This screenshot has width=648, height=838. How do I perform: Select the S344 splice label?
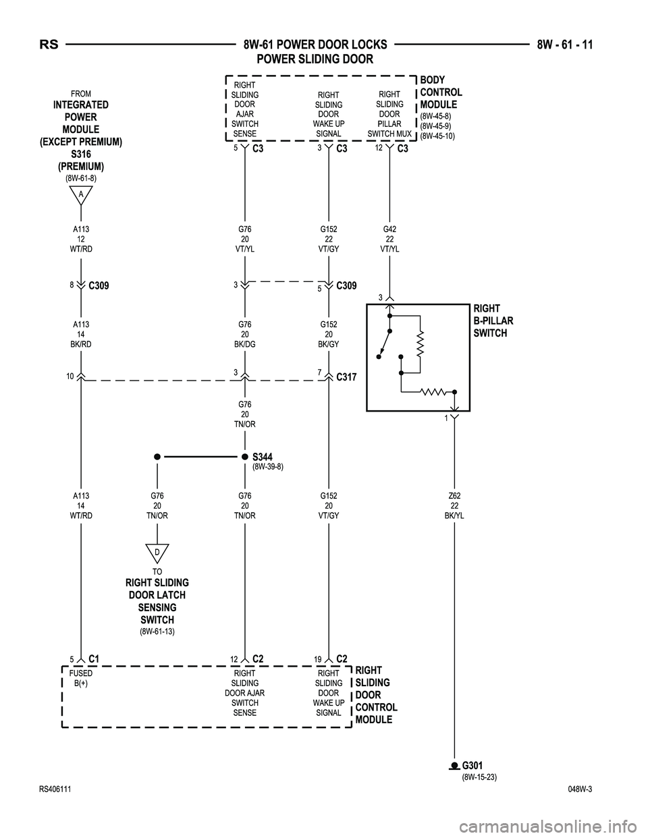pyautogui.click(x=264, y=457)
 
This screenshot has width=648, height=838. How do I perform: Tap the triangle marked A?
pyautogui.click(x=80, y=196)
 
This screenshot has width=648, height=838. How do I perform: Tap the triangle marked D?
pyautogui.click(x=157, y=553)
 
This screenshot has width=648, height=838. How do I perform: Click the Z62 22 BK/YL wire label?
pyautogui.click(x=454, y=505)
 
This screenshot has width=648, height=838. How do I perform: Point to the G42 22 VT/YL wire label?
pyautogui.click(x=389, y=238)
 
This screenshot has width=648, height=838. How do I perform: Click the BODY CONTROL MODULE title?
pyautogui.click(x=441, y=92)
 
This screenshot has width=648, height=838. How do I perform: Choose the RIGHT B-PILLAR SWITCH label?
pyautogui.click(x=493, y=321)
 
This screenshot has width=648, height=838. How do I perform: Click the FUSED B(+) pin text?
pyautogui.click(x=81, y=678)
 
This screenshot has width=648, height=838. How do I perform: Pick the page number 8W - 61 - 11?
pyautogui.click(x=565, y=45)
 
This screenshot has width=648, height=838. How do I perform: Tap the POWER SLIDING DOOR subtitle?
pyautogui.click(x=315, y=59)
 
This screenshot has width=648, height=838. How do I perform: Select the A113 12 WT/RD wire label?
pyautogui.click(x=80, y=239)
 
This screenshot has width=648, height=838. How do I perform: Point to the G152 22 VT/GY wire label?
pyautogui.click(x=329, y=239)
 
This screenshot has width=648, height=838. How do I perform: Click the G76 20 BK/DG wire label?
pyautogui.click(x=244, y=334)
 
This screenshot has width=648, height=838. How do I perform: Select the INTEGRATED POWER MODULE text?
pyautogui.click(x=80, y=117)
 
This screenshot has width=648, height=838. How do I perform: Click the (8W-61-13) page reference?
pyautogui.click(x=157, y=632)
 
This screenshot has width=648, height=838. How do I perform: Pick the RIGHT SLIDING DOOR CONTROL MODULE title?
pyautogui.click(x=376, y=695)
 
